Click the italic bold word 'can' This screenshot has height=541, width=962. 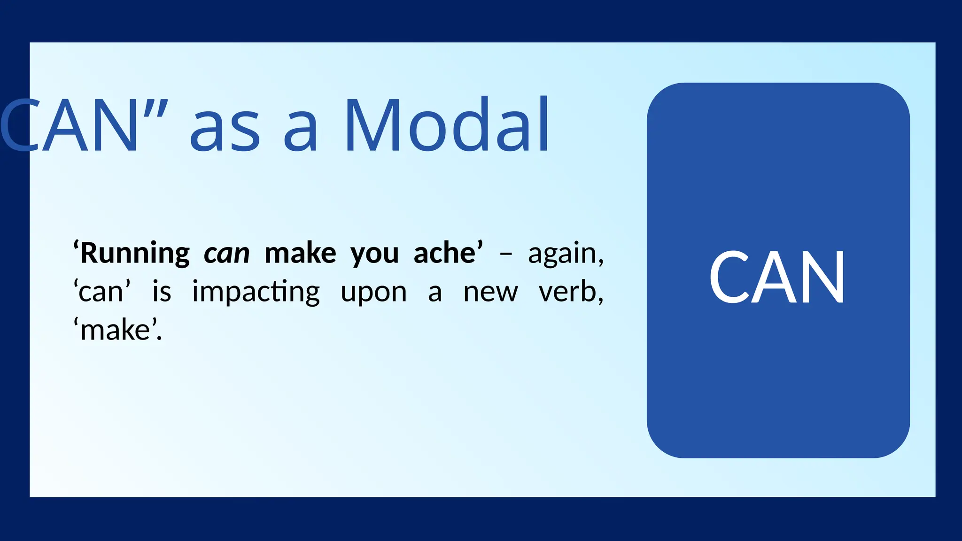(x=226, y=254)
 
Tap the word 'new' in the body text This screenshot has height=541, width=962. (x=490, y=293)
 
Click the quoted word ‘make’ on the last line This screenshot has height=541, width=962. (x=117, y=330)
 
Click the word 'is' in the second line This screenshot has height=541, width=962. (x=162, y=292)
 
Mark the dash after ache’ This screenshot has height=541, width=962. (x=505, y=254)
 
